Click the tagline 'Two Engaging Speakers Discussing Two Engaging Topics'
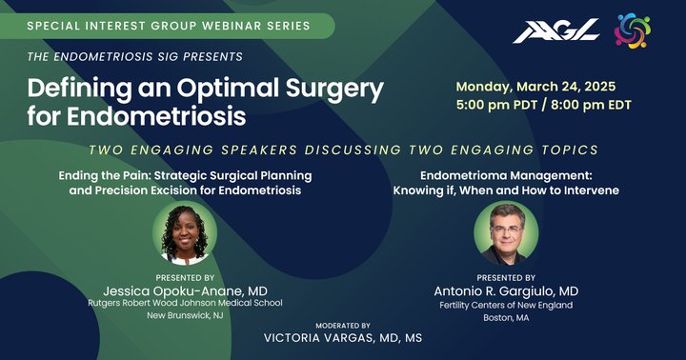342,150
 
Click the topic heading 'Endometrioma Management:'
506,176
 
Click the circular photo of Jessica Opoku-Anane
185,233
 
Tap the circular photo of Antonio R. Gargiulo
506,233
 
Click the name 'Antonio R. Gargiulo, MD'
506,290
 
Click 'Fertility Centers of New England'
506,305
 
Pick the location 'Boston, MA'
506,320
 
